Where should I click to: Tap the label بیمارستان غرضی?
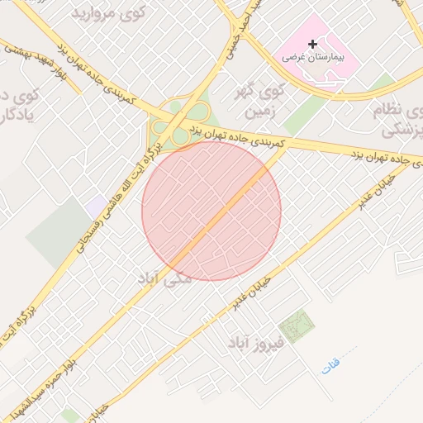(x=311, y=58)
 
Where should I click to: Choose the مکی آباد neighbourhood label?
(x=171, y=279)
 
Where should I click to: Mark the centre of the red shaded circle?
(x=211, y=211)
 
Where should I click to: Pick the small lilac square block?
(x=97, y=205)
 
